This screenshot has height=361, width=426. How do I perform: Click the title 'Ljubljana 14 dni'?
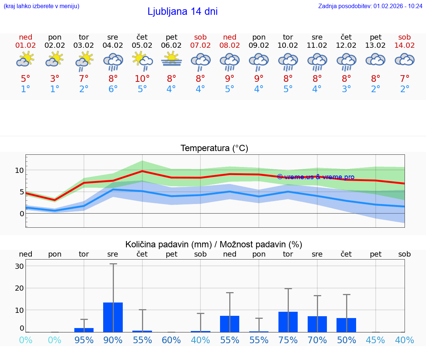182,11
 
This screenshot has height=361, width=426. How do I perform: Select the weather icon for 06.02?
171,60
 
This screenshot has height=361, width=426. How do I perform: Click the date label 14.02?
405,46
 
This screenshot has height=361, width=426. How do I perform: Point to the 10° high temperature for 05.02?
142,78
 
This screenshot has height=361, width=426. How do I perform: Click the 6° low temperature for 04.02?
113,89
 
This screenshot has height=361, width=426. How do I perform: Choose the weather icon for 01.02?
25,59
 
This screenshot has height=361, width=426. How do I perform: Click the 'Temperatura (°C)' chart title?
214,148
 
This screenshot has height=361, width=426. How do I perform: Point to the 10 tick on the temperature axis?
19,170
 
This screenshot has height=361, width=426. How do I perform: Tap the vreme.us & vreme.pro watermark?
316,177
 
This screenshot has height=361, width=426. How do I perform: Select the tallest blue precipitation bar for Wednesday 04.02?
113,317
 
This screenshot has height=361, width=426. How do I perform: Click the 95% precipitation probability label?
84,340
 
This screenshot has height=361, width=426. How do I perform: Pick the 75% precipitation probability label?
288,340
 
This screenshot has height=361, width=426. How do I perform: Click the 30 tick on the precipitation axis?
19,266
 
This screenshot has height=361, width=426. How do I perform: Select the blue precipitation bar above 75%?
288,322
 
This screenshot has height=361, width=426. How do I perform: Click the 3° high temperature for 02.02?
55,78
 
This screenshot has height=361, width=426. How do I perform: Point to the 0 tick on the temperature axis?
22,214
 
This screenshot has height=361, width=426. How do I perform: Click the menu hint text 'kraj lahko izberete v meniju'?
41,6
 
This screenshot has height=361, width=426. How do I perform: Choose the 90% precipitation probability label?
113,340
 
